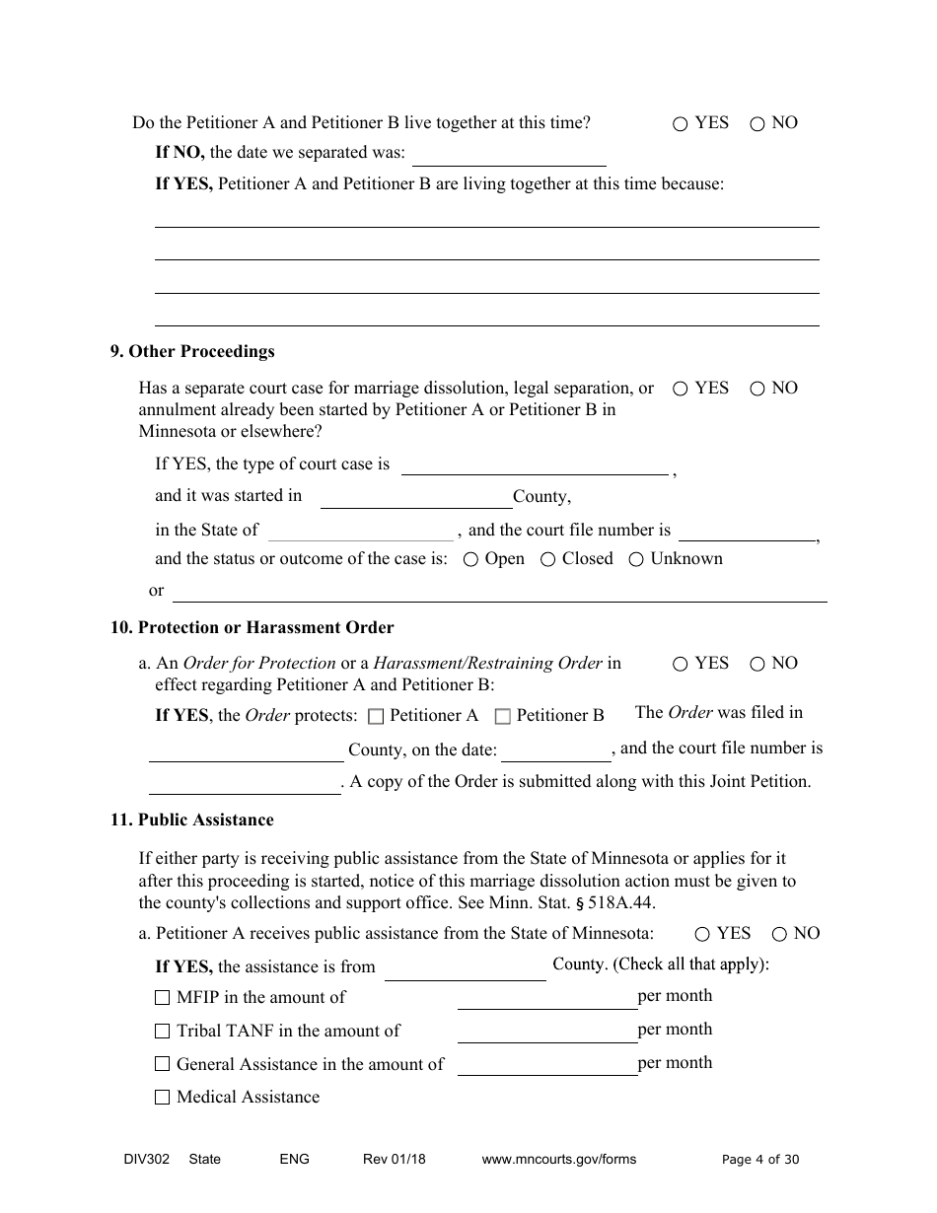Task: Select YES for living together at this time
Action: (681, 124)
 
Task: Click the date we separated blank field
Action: (509, 155)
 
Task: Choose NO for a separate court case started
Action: (757, 390)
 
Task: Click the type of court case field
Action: (535, 464)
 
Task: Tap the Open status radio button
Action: (471, 560)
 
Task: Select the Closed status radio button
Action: (548, 560)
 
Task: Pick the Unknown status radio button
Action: (636, 560)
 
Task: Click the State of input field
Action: (361, 532)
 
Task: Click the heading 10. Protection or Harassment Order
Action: (252, 628)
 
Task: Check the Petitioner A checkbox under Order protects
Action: (376, 717)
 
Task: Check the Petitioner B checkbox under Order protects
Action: (502, 717)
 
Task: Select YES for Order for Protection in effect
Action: (681, 665)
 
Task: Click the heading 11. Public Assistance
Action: (192, 821)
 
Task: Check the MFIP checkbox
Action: (163, 998)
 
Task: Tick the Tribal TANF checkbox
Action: (163, 1032)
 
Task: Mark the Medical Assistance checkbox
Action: (163, 1098)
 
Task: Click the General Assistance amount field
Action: (547, 1064)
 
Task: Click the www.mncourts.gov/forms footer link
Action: (559, 1160)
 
